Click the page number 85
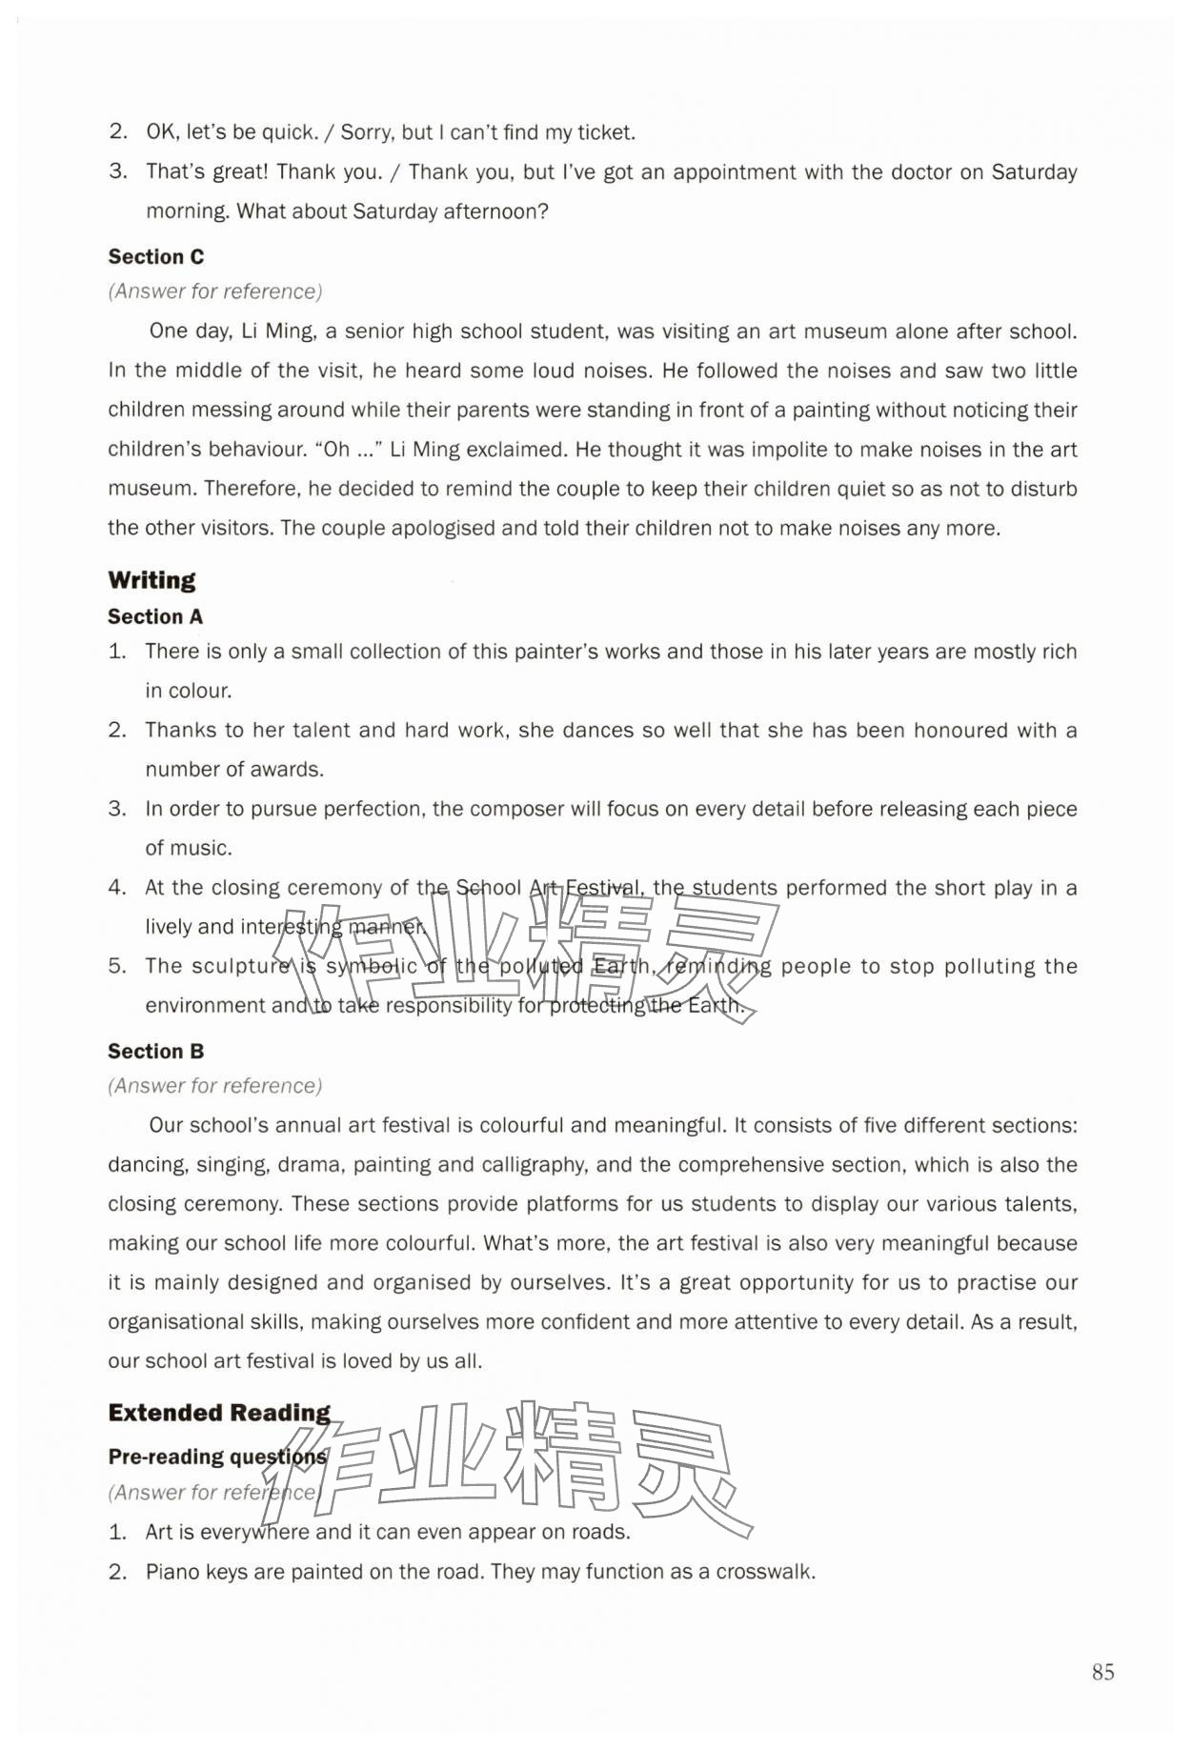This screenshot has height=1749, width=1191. point(1102,1671)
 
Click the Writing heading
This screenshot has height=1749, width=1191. point(151,580)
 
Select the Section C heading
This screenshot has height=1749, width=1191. point(155,256)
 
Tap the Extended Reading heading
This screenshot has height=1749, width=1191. point(219,1412)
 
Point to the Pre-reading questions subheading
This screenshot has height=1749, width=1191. point(216,1456)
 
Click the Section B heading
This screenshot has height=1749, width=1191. point(155,1051)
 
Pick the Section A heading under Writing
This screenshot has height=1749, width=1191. point(154,616)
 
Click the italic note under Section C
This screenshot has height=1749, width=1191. point(214,291)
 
